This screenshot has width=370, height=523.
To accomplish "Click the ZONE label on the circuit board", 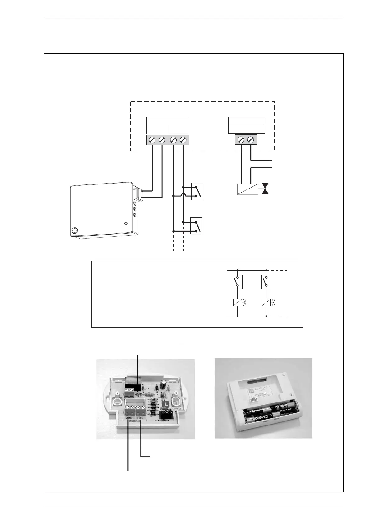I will coord(129,418).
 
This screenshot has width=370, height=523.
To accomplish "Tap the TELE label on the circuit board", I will coord(141,418).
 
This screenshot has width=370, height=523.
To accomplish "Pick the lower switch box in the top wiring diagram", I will coord(197,226).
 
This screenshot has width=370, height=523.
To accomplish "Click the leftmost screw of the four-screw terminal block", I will coord(152,140).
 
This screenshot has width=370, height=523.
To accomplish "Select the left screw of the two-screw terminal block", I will coord(241,140).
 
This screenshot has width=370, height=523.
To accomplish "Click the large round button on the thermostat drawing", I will coord(75,231).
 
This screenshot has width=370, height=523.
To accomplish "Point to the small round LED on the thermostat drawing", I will coord(126,223).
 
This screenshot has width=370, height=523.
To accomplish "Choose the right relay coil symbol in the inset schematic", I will coord(266,302).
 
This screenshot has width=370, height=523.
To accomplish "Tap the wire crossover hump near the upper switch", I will coord(183,195).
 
